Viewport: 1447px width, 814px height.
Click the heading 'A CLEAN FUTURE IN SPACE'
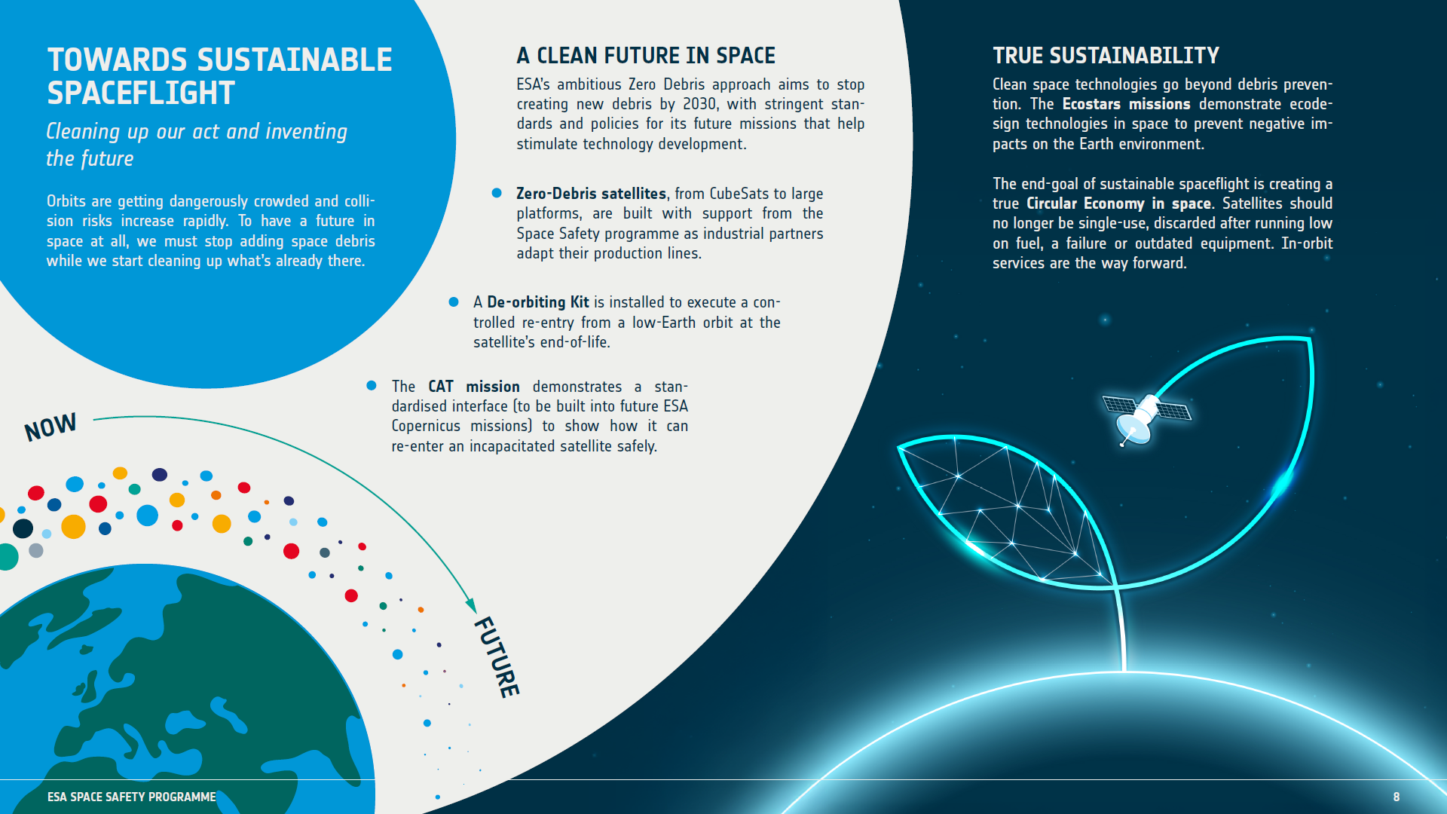click(x=645, y=56)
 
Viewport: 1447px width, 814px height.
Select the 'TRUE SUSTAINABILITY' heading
click(x=1105, y=56)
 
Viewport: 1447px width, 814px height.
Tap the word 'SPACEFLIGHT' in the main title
click(x=141, y=93)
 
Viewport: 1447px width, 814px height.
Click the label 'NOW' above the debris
click(x=50, y=427)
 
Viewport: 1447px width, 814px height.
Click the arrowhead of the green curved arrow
click(x=471, y=605)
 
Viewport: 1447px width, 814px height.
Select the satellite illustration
click(x=1145, y=417)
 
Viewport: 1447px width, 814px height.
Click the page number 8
click(x=1396, y=797)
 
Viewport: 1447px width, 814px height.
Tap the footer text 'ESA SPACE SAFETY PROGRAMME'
click(x=131, y=797)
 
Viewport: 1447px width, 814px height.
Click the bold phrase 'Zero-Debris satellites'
click(x=591, y=194)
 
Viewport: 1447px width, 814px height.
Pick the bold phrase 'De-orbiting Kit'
click(x=537, y=302)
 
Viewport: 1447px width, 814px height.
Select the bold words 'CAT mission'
click(x=473, y=387)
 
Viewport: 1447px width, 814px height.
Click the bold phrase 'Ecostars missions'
click(x=1126, y=104)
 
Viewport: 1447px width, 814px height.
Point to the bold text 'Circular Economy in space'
click(x=1118, y=203)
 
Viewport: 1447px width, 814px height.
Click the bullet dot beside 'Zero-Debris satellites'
click(x=497, y=193)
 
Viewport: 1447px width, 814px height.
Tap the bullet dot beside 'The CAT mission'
click(x=372, y=386)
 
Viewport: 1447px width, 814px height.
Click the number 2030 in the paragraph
click(x=700, y=104)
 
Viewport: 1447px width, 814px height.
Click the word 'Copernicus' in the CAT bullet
click(x=426, y=426)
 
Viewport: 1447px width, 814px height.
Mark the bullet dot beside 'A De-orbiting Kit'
click(x=454, y=301)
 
